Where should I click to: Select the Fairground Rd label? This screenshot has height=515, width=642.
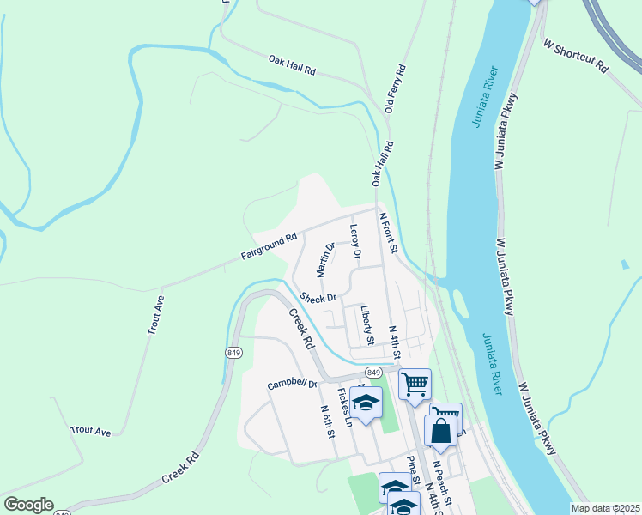pos(269,245)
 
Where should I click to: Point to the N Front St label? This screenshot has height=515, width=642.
pos(390,234)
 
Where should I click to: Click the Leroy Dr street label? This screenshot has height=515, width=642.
pos(354,242)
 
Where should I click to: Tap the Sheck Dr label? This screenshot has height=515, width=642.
pos(318,298)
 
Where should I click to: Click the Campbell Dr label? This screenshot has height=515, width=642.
pos(292,384)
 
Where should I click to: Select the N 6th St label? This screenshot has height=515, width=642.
pos(327,423)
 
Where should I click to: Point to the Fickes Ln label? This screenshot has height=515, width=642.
pos(344,407)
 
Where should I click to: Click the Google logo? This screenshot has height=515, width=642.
pos(27,505)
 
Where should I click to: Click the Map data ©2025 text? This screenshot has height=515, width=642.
pos(604,508)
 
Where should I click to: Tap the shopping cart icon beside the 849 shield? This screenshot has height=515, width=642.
pos(415,384)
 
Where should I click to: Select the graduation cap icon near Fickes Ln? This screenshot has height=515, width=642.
pos(366,402)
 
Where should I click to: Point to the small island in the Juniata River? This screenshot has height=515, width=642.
pos(462,303)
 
